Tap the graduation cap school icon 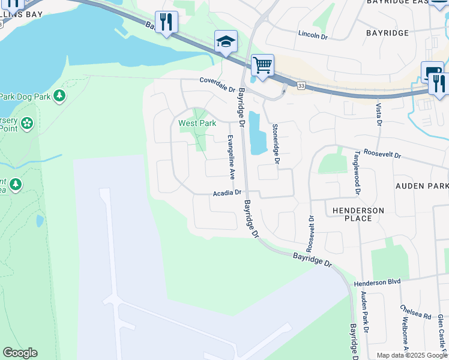tap(226, 41)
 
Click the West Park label tap(197, 123)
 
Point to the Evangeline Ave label tap(231, 157)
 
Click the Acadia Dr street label tap(227, 193)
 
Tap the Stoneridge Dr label tap(276, 144)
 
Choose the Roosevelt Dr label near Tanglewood tap(382, 154)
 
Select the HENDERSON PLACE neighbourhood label tap(354, 214)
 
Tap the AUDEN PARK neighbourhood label tap(422, 186)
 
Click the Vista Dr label tap(379, 115)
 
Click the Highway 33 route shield tap(300, 86)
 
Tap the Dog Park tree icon tap(59, 95)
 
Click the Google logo tap(20, 353)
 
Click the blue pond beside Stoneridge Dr tap(257, 133)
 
